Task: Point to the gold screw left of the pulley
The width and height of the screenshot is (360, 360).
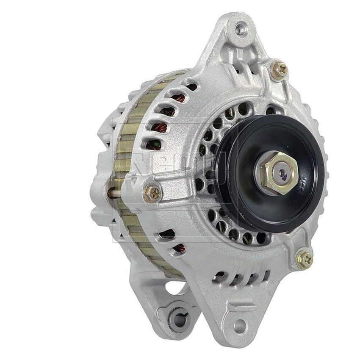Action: point(153,193)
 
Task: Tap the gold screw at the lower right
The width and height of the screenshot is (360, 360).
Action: point(304,257)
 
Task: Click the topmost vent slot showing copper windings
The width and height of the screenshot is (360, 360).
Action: point(191,87)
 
